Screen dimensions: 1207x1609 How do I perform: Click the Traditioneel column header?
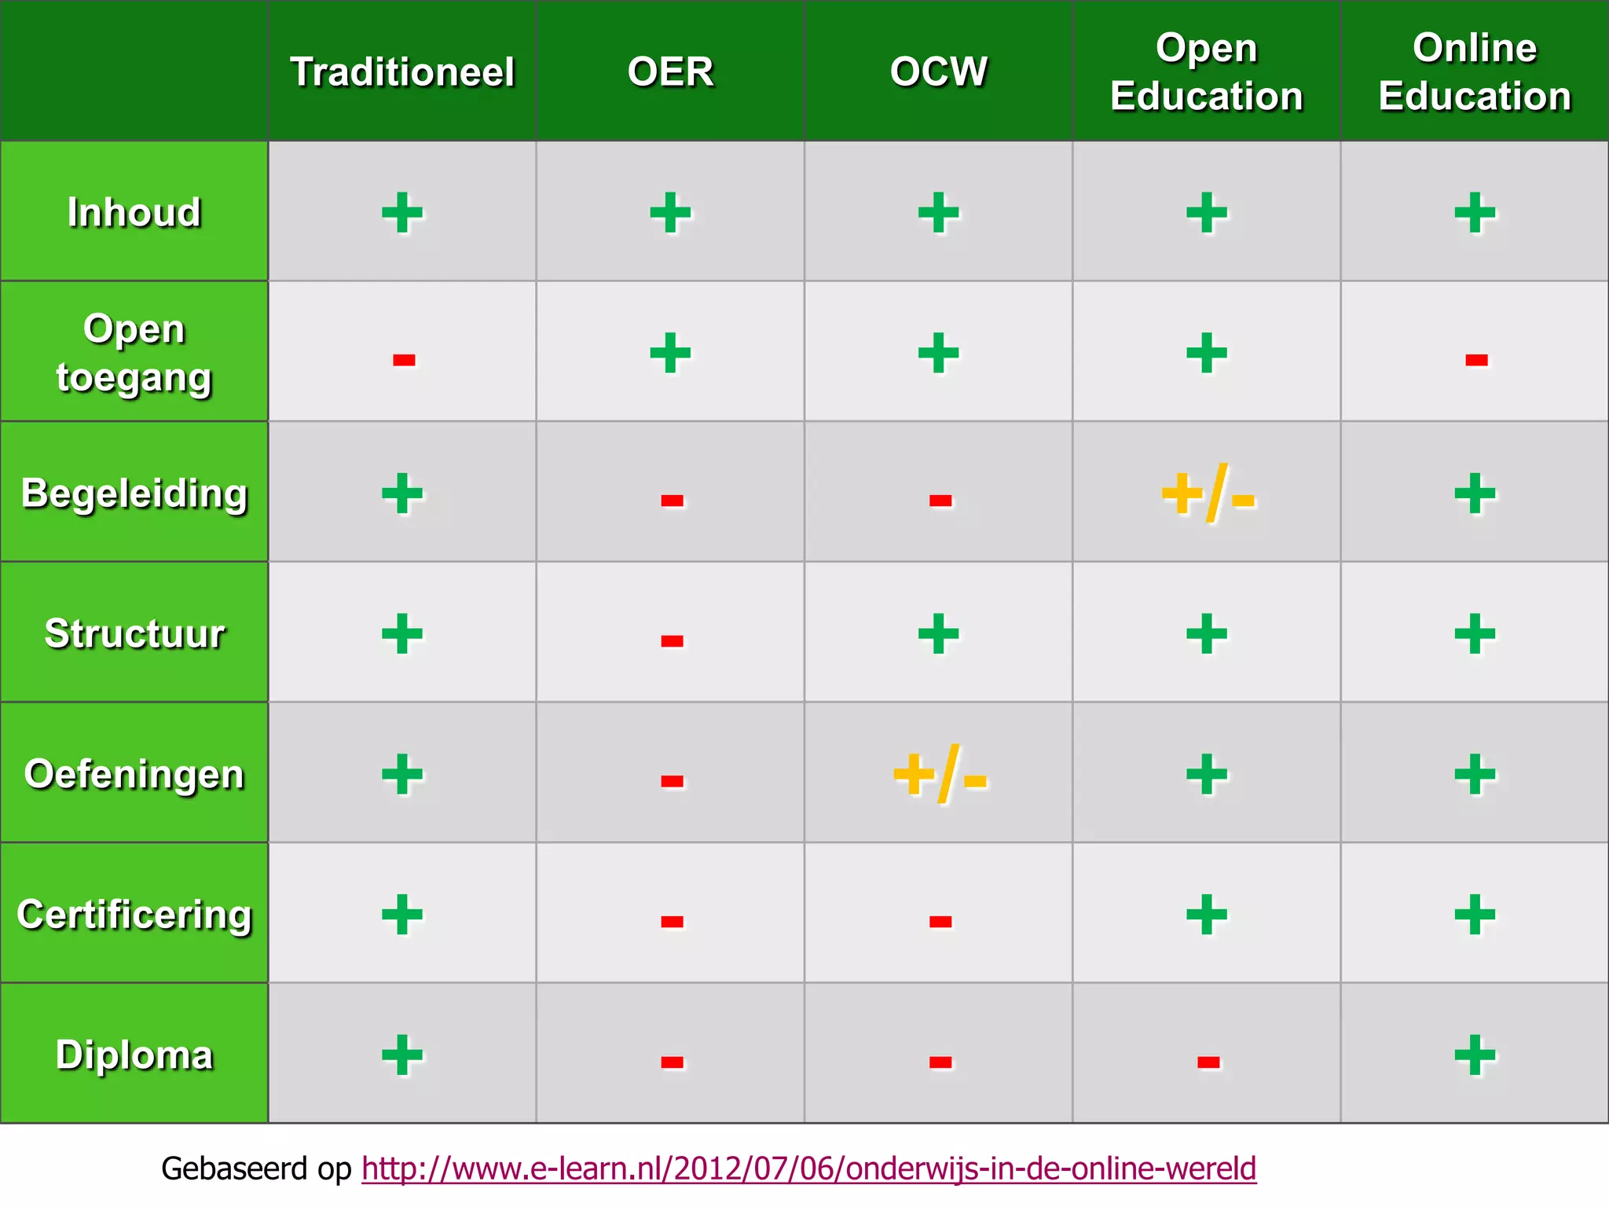click(x=402, y=72)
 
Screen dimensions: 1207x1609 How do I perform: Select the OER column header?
click(x=670, y=72)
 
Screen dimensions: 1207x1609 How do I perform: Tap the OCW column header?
click(x=938, y=72)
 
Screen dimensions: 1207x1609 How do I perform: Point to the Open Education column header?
click(x=1206, y=72)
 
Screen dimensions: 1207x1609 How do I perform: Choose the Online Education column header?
click(x=1475, y=72)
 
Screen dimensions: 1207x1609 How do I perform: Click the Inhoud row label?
click(x=134, y=212)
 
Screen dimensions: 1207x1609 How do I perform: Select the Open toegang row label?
click(x=134, y=352)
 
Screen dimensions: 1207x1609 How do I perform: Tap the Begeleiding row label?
click(x=134, y=493)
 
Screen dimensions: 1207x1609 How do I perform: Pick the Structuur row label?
click(x=134, y=633)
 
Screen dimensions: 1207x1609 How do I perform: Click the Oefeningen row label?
click(x=134, y=774)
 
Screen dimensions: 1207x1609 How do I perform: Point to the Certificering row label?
click(x=134, y=914)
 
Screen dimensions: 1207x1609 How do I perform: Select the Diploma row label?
click(x=134, y=1055)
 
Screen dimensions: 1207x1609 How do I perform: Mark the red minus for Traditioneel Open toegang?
click(x=404, y=360)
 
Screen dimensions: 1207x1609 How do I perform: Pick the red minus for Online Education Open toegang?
click(x=1476, y=360)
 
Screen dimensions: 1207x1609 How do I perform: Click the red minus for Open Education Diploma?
click(x=1208, y=1062)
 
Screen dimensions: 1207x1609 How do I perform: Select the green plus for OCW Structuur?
click(x=939, y=634)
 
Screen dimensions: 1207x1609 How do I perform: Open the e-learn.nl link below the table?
click(x=808, y=1168)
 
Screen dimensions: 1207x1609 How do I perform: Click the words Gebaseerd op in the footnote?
click(x=256, y=1168)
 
